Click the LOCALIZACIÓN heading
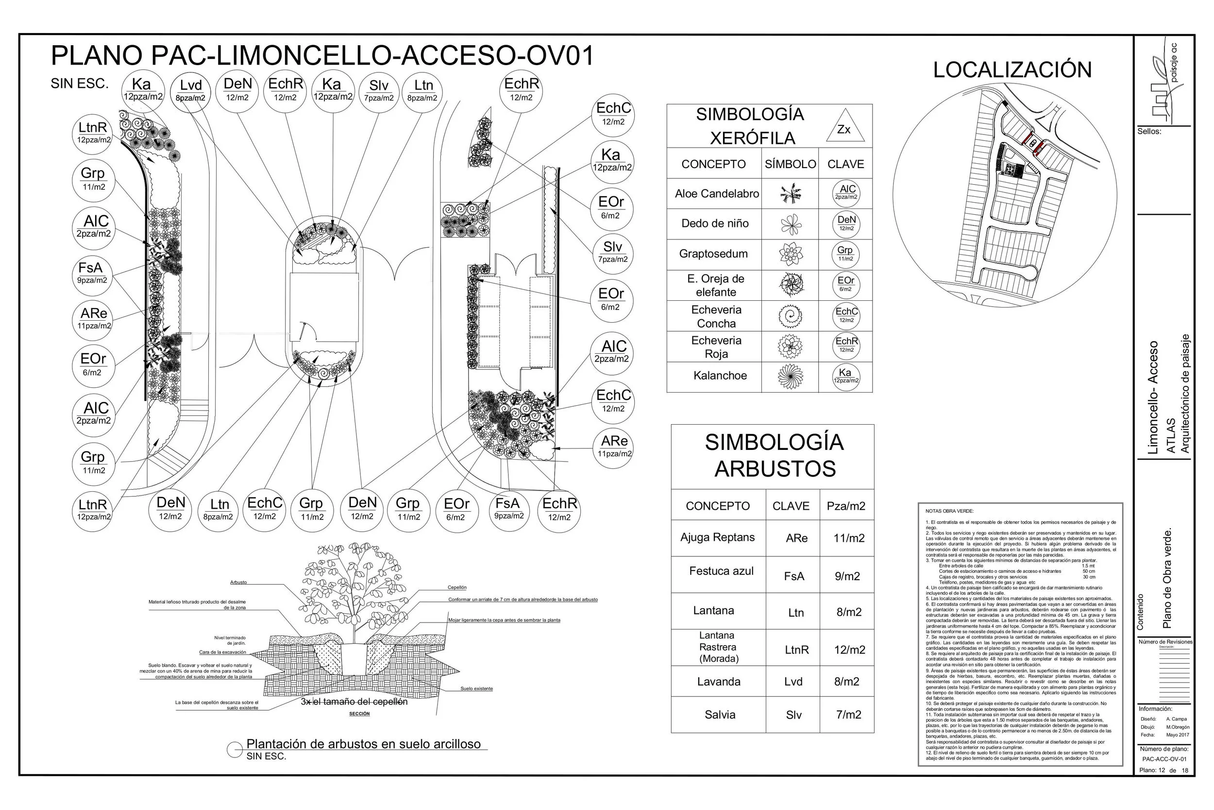pos(1012,70)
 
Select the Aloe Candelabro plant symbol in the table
pos(790,194)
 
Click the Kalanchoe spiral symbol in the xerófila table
pos(790,376)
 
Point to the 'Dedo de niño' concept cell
pos(715,224)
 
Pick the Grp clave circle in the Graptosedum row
pos(845,254)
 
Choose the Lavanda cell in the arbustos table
pos(719,681)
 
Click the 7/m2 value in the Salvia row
pos(848,715)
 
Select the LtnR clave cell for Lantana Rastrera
pos(796,650)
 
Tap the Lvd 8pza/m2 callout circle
pos(190,90)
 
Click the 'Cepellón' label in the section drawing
pos(457,587)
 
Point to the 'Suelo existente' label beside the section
pos(476,689)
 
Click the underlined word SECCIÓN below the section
pos(359,713)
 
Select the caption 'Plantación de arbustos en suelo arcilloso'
pos(363,744)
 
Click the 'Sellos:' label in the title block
pos(1149,132)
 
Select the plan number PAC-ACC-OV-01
pos(1164,759)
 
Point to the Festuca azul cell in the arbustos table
pos(721,571)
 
